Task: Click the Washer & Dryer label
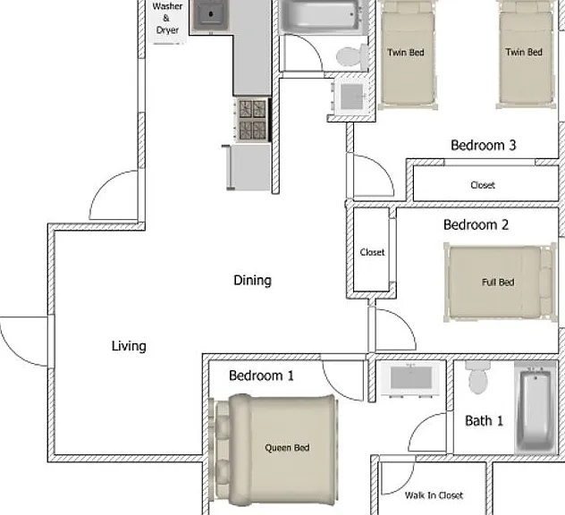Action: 167,19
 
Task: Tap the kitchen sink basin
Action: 211,15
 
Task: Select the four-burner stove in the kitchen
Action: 252,120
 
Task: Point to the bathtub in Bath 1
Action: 535,409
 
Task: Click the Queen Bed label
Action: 287,448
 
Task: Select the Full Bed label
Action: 498,283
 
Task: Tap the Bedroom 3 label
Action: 484,145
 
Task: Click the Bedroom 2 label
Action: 476,225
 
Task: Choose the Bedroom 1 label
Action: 261,376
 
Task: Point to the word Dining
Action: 252,281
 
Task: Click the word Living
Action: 129,346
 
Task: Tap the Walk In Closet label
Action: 434,495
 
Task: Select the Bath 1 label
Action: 484,420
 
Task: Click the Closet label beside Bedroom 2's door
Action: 372,252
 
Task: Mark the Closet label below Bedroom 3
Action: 483,185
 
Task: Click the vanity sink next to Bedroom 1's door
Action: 410,378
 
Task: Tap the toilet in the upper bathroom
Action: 351,56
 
